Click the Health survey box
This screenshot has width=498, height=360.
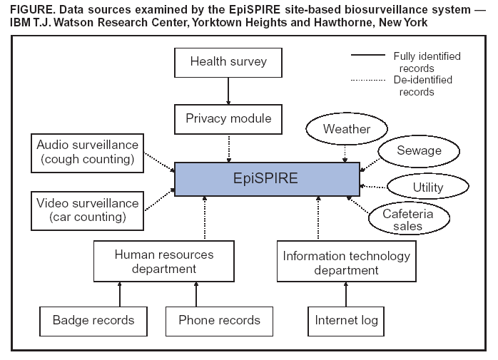coord(228,61)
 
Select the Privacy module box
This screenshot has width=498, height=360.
coord(228,118)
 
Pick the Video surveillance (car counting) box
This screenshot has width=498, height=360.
coord(88,210)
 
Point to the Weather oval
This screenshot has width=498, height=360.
coord(347,130)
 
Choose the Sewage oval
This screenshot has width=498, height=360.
coord(419,150)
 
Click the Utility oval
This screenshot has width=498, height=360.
coord(427,187)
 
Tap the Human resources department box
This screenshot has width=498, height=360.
coord(164,262)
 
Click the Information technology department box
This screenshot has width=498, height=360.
coord(346,262)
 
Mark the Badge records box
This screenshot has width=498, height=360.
coord(93,320)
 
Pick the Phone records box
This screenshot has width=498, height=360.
coord(218,320)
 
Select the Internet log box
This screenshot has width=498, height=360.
coord(347,320)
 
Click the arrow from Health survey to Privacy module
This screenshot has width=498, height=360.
coord(228,90)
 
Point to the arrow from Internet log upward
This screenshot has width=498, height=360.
coord(347,294)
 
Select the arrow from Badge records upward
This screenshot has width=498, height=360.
coord(120,294)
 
